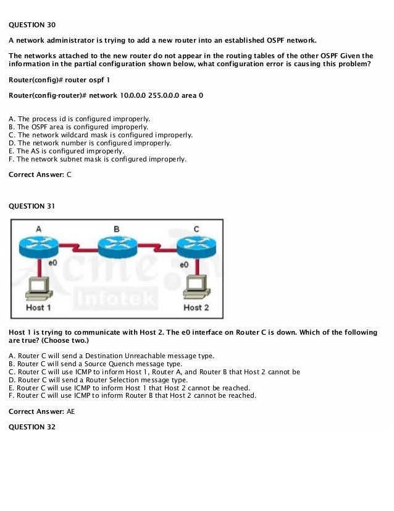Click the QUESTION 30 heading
32,25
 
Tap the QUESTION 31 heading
32,205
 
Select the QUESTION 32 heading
32,427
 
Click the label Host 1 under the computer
38,307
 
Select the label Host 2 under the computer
196,307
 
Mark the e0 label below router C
184,264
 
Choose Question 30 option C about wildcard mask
101,134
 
